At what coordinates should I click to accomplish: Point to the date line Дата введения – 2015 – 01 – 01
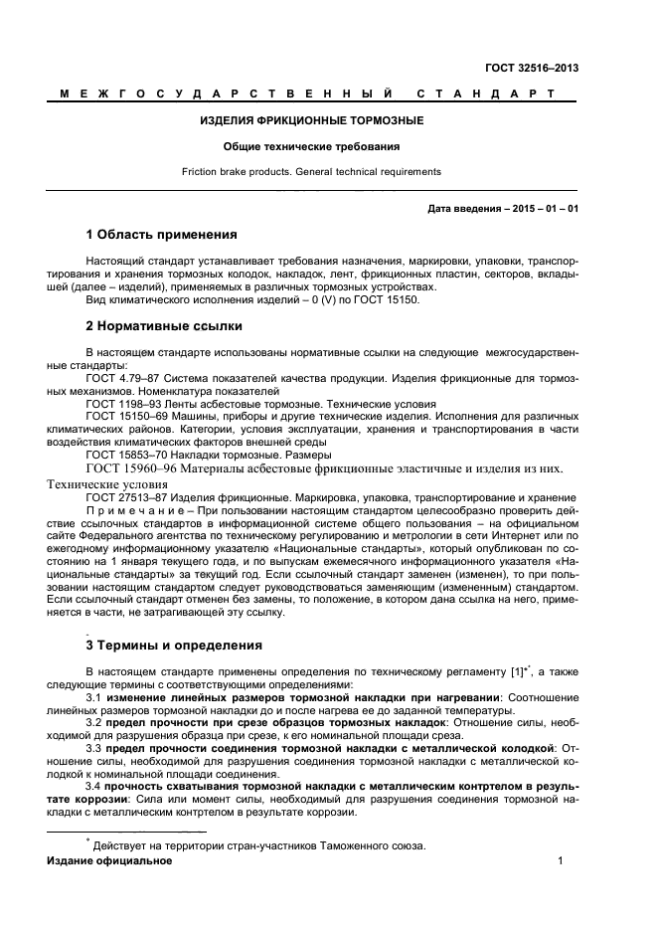point(503,209)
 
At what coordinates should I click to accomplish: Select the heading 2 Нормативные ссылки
point(163,326)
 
